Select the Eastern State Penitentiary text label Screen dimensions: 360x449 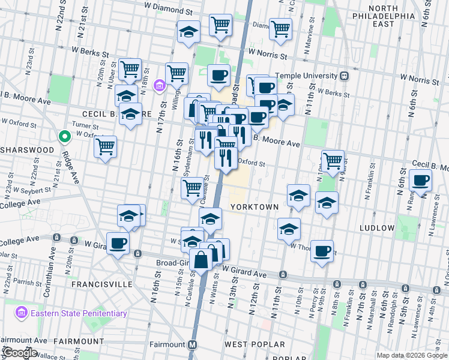click(79, 313)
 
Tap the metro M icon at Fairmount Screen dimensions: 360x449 click(192, 345)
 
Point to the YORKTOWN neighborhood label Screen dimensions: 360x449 click(254, 207)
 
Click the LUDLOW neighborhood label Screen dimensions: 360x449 click(376, 228)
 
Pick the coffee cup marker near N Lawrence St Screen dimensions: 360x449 click(420, 180)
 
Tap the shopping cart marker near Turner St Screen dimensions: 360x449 click(106, 146)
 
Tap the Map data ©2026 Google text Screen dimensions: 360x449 click(412, 355)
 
